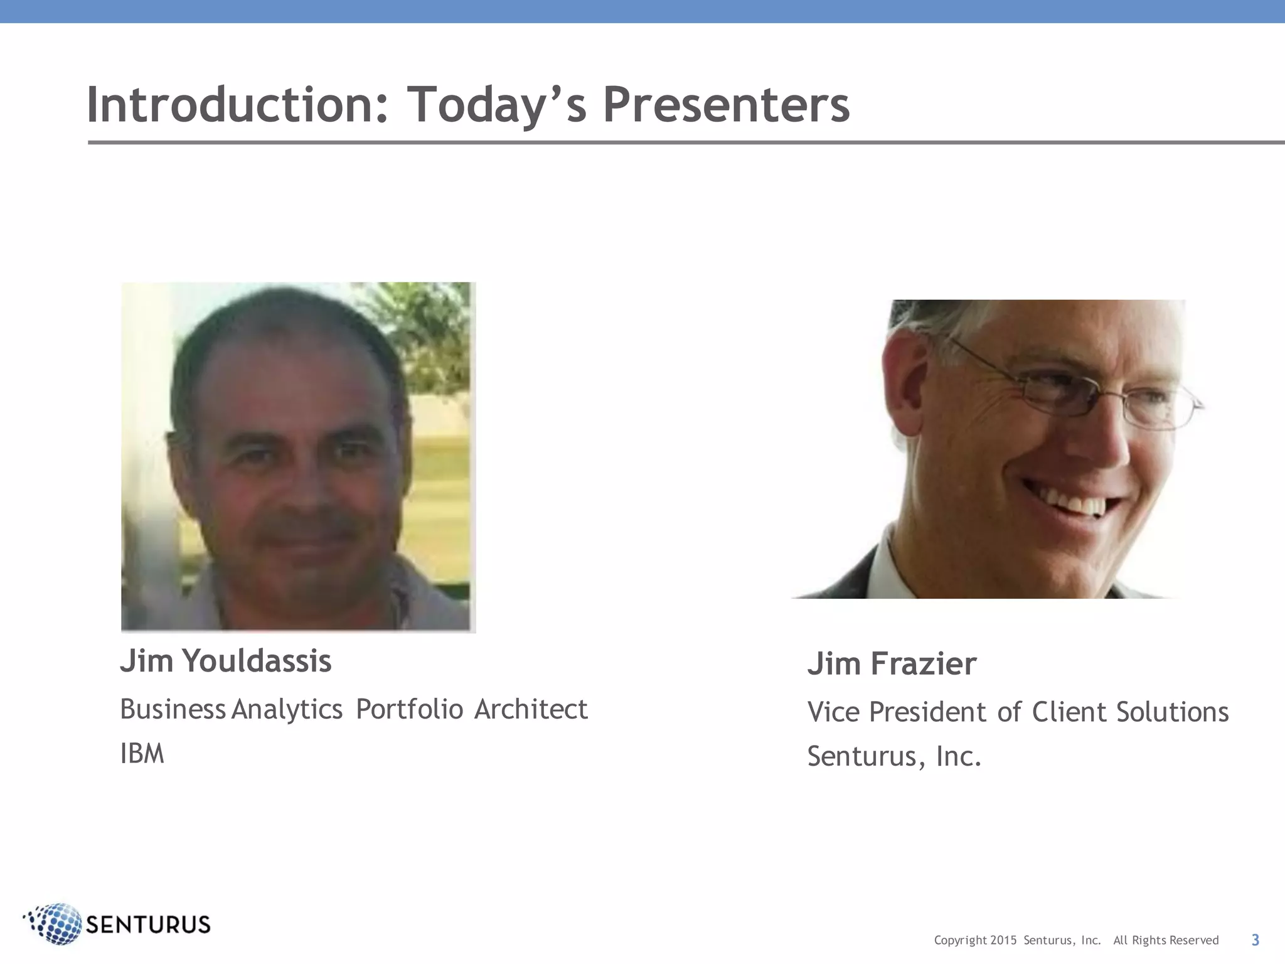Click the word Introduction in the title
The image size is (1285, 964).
point(237,105)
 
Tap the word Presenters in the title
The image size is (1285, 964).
point(726,105)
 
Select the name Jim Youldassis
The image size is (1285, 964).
point(225,661)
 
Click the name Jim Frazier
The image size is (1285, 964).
point(892,664)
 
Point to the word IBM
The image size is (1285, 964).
point(142,754)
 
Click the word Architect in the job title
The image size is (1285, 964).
point(531,710)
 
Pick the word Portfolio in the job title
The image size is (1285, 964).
point(409,710)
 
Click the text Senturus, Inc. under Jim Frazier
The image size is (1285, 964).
point(893,756)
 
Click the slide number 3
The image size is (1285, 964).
point(1255,940)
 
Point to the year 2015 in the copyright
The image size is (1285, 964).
point(1003,940)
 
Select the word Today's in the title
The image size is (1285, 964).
point(496,105)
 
